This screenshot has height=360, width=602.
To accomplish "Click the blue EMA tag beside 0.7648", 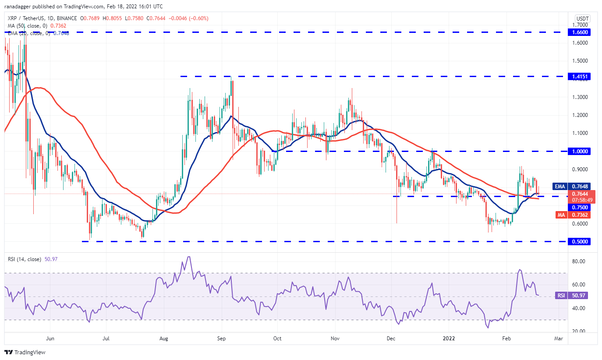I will [x=559, y=186].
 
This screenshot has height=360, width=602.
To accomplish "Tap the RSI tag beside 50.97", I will [x=560, y=296].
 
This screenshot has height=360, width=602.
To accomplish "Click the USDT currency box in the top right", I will [x=582, y=18].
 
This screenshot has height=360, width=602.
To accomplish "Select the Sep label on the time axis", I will [x=221, y=338].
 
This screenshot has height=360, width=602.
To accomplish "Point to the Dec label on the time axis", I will [x=391, y=338].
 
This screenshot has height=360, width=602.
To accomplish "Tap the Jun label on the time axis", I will [x=50, y=338].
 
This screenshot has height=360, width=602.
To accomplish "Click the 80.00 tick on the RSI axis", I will [x=579, y=261].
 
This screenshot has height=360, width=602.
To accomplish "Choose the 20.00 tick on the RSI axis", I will [x=579, y=331].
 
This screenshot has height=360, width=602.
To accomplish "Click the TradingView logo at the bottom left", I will [x=25, y=352].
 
